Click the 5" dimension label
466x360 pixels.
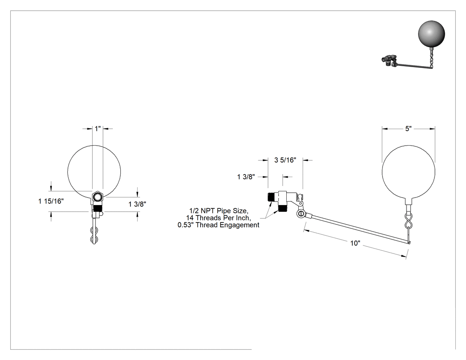click(408, 129)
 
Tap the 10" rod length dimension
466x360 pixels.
click(355, 243)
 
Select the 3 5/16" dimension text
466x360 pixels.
click(285, 160)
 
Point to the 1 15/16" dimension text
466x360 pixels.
click(51, 201)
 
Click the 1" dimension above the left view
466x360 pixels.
click(98, 129)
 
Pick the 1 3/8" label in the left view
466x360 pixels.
click(137, 204)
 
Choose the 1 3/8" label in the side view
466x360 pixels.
click(246, 177)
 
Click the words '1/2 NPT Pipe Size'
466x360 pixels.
click(218, 211)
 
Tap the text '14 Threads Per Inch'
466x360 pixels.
click(218, 218)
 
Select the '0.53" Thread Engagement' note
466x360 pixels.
click(218, 225)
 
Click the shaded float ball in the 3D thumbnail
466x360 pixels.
click(431, 33)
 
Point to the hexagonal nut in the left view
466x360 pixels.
click(97, 197)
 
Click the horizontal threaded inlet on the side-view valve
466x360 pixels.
click(271, 197)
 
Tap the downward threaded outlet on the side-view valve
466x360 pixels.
click(282, 208)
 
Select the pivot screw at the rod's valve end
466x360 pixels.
click(300, 214)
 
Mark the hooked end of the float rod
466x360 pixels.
click(410, 242)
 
